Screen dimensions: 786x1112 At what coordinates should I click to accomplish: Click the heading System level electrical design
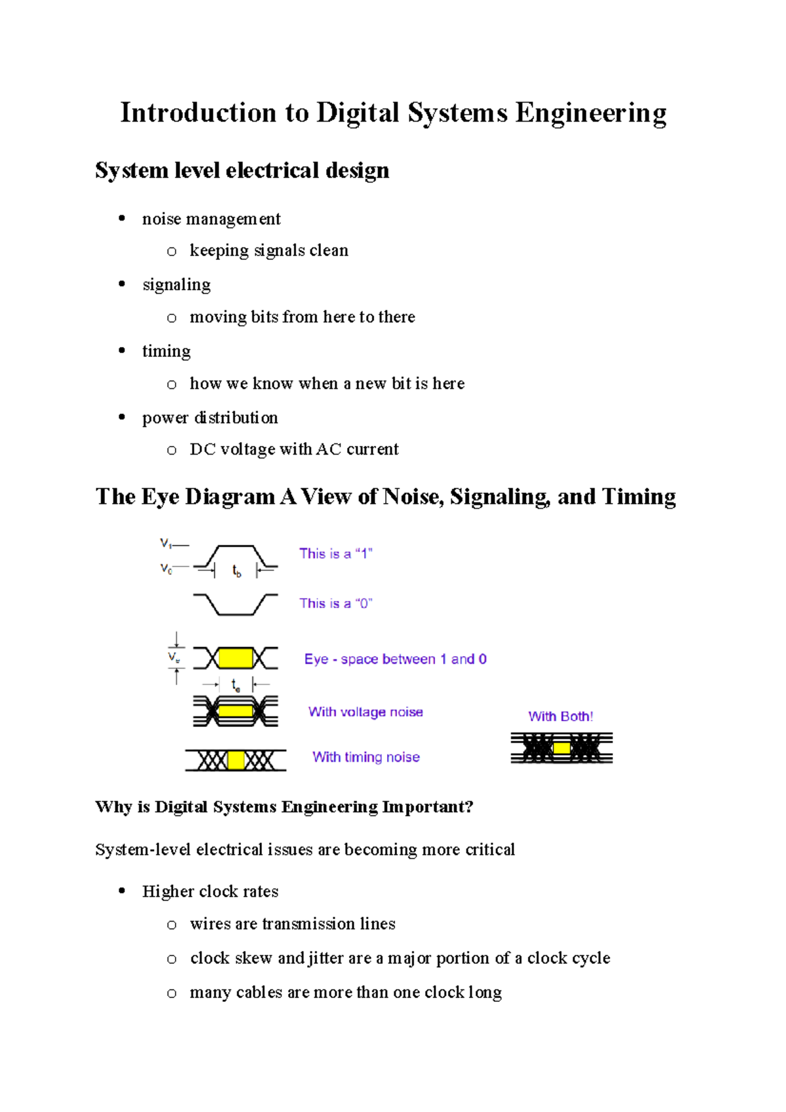pyautogui.click(x=242, y=170)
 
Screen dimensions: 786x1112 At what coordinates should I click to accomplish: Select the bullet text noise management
pyautogui.click(x=211, y=219)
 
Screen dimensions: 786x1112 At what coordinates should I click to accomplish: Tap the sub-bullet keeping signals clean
pyautogui.click(x=269, y=251)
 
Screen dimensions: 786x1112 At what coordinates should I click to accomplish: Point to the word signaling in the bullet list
pyautogui.click(x=176, y=285)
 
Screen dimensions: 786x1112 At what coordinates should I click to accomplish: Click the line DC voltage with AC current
pyautogui.click(x=293, y=449)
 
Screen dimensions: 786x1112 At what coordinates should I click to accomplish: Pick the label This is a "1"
pyautogui.click(x=335, y=553)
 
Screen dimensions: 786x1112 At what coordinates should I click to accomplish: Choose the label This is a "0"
pyautogui.click(x=335, y=603)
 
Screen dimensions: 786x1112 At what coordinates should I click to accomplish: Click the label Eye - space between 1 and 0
pyautogui.click(x=395, y=659)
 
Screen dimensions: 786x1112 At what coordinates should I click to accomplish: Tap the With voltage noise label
pyautogui.click(x=365, y=712)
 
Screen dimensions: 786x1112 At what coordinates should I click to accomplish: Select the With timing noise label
pyautogui.click(x=365, y=757)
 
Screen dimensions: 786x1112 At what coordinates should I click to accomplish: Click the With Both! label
pyautogui.click(x=561, y=716)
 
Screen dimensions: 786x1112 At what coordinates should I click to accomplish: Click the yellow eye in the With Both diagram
pyautogui.click(x=561, y=748)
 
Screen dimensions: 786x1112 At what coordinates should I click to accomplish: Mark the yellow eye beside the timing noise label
pyautogui.click(x=236, y=760)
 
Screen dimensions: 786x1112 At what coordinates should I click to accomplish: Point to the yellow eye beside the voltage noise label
pyautogui.click(x=235, y=711)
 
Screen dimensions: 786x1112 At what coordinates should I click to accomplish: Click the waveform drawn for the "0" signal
pyautogui.click(x=235, y=604)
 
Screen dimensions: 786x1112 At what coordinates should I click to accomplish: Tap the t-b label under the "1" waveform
pyautogui.click(x=236, y=572)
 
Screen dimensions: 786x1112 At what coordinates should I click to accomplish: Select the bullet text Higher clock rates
pyautogui.click(x=210, y=891)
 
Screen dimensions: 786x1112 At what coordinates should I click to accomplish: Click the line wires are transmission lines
pyautogui.click(x=292, y=924)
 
